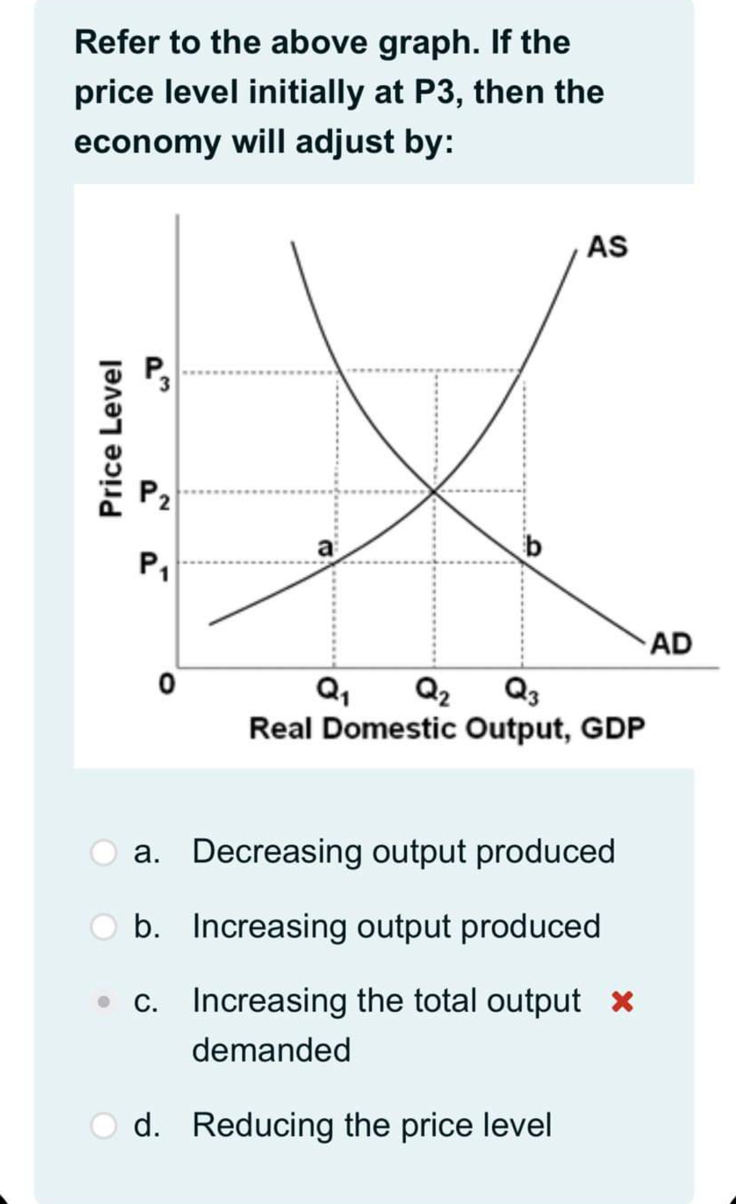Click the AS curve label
(x=608, y=246)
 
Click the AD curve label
(x=672, y=644)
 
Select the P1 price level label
(x=154, y=566)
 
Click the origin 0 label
(x=167, y=684)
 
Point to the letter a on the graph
(x=325, y=546)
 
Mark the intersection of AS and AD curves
(x=433, y=491)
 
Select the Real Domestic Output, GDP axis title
(x=447, y=730)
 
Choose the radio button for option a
(x=104, y=852)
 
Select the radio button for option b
(x=104, y=927)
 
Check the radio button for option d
(x=104, y=1125)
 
